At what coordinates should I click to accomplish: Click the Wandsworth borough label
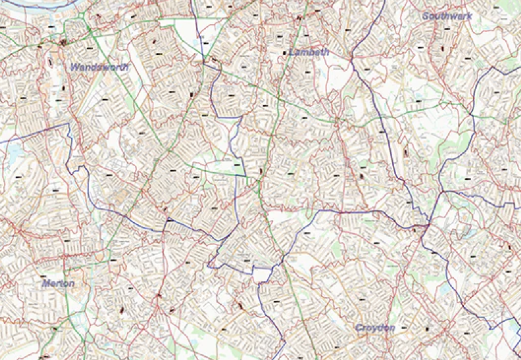pyautogui.click(x=99, y=67)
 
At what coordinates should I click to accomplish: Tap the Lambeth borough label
pyautogui.click(x=309, y=52)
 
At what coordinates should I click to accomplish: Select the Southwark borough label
pyautogui.click(x=447, y=16)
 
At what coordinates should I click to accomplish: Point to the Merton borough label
pyautogui.click(x=58, y=284)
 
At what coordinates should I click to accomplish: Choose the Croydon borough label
pyautogui.click(x=375, y=328)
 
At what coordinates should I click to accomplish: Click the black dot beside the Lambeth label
pyautogui.click(x=284, y=53)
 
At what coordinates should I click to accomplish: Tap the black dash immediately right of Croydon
pyautogui.click(x=404, y=328)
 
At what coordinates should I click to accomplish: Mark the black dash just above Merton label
pyautogui.click(x=43, y=276)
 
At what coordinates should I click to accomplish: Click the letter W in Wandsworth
pyautogui.click(x=75, y=67)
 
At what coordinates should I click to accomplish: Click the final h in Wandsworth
pyautogui.click(x=125, y=67)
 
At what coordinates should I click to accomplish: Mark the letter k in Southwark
pyautogui.click(x=469, y=16)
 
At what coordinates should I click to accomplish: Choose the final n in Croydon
pyautogui.click(x=392, y=328)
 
